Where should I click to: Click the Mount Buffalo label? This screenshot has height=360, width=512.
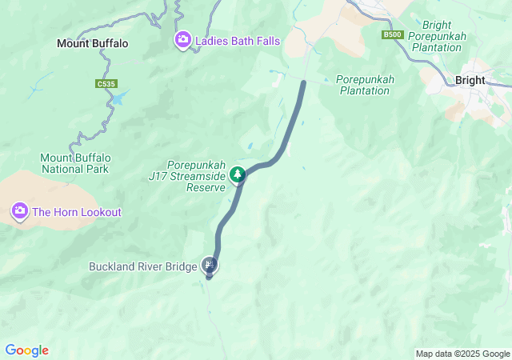[92, 43]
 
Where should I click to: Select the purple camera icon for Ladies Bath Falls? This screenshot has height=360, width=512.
[183, 39]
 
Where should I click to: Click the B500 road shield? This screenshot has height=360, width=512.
[392, 34]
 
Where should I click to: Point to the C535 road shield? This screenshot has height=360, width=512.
[105, 83]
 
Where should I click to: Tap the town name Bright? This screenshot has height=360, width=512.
[470, 80]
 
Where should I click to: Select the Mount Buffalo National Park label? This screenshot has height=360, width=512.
[76, 163]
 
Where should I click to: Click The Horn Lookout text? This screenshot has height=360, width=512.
[77, 212]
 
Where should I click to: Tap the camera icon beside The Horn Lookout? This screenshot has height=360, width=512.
[19, 211]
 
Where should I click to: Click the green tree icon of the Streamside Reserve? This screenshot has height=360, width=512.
[237, 174]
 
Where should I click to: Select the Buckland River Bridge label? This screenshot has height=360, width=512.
[142, 266]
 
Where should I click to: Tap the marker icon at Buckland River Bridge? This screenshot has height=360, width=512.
[209, 264]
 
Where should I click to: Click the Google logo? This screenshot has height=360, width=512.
[26, 350]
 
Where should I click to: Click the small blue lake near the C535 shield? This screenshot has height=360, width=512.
[119, 98]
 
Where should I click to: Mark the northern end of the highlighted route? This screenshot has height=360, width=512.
[303, 82]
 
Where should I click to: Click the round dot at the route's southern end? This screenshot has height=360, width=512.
[209, 277]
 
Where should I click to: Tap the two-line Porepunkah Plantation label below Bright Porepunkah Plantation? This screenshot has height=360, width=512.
[362, 85]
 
